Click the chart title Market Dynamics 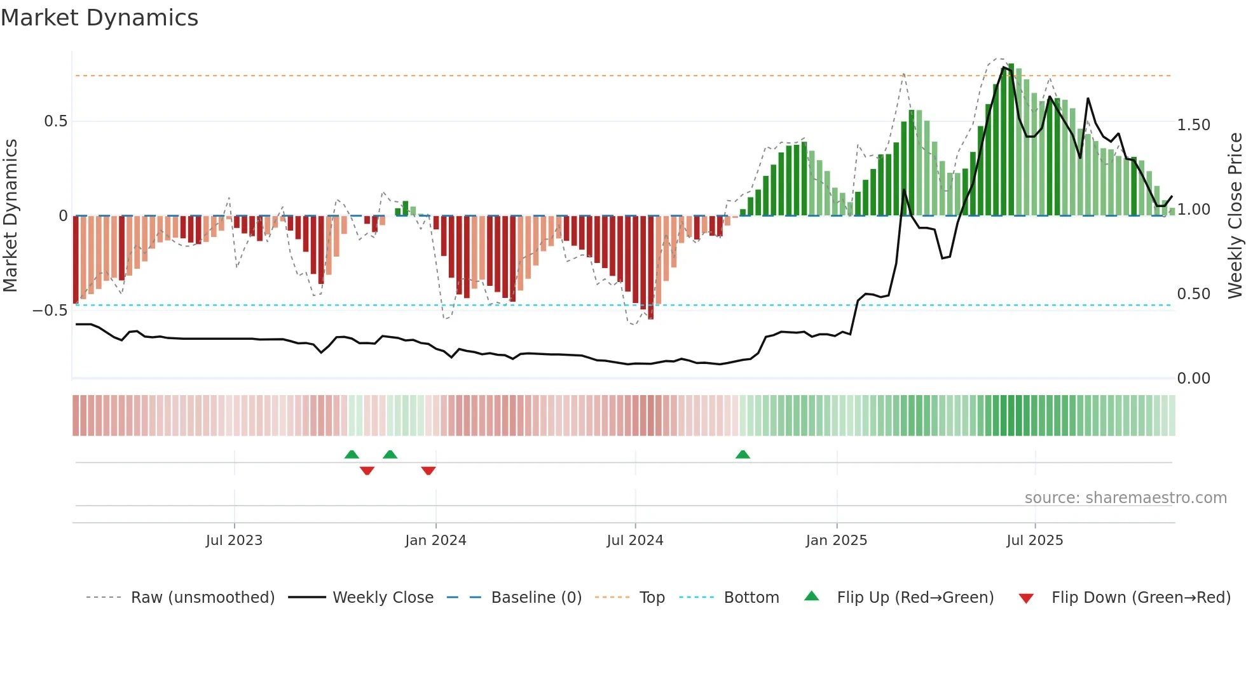(x=99, y=18)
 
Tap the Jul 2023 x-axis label (x=234, y=541)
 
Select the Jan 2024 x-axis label (x=435, y=541)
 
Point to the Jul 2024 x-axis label (x=634, y=541)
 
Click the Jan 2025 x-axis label (x=836, y=541)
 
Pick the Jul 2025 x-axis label (x=1034, y=541)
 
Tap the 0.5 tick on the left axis (x=55, y=121)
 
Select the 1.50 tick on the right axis (x=1193, y=125)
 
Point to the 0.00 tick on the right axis (x=1193, y=379)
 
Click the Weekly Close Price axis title (x=1235, y=216)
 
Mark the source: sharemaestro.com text (x=1125, y=498)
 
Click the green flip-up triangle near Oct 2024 (x=743, y=455)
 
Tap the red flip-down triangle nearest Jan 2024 (x=428, y=471)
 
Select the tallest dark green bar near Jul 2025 (x=1011, y=140)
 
